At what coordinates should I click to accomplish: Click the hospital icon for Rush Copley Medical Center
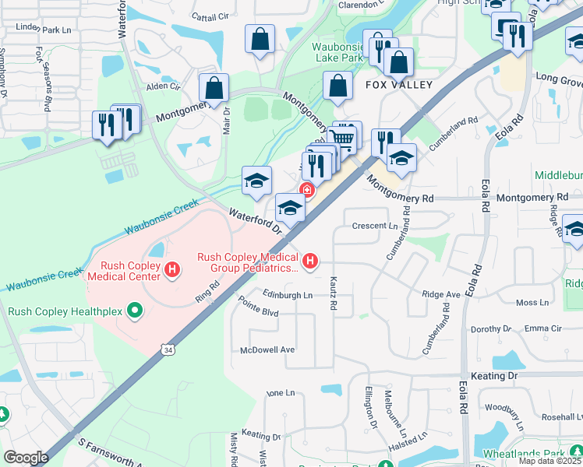coord(172,270)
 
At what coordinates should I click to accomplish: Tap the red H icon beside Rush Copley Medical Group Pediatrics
coord(310,261)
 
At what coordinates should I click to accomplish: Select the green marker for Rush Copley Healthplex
coord(136,311)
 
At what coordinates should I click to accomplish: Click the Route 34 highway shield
coord(168,351)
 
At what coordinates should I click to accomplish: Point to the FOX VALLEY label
coord(398,85)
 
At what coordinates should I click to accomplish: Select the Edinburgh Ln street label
coord(287,295)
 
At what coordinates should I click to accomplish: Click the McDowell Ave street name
coord(267,349)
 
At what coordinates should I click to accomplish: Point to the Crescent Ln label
coord(375,226)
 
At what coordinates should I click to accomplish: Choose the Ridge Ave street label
coord(441,295)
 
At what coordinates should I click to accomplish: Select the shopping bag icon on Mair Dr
coord(213,89)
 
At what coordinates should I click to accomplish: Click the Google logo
coord(26,458)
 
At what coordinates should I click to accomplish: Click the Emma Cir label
coord(542,328)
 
